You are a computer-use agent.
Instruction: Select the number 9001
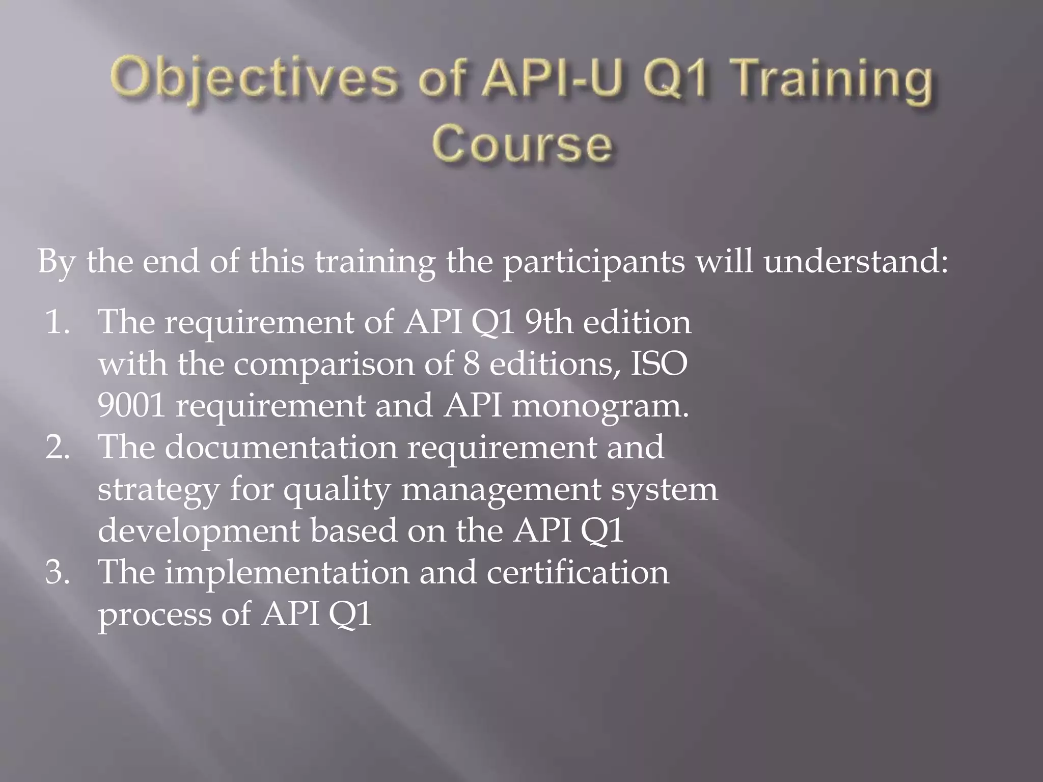pos(131,406)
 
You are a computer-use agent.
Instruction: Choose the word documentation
pos(281,447)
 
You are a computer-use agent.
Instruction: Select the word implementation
pos(287,572)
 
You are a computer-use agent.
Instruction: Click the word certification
pos(578,572)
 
